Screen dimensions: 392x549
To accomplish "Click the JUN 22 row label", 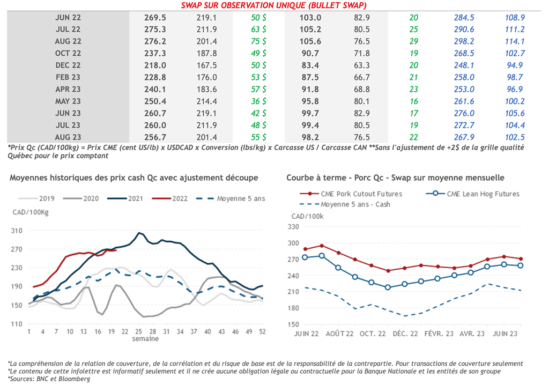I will [x=68, y=18].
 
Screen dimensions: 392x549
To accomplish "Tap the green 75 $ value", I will [x=259, y=41].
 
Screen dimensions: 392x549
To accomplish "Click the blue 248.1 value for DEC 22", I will [x=464, y=65].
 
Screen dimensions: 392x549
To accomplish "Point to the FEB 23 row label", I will [x=68, y=77].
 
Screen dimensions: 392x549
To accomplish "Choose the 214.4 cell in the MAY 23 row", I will [x=206, y=101].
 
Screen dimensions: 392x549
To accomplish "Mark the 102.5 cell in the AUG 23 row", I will [x=514, y=137].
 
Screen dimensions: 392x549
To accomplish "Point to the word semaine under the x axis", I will [x=146, y=339].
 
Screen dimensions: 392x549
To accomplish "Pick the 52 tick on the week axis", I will [x=262, y=332].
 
